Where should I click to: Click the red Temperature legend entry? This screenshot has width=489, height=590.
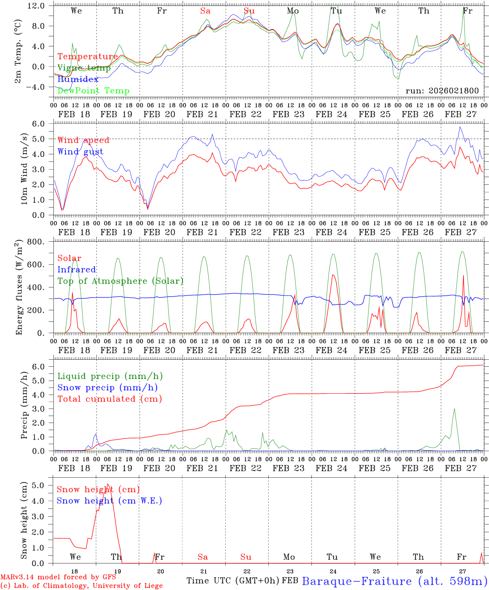(88, 57)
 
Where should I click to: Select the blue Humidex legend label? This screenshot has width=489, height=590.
(78, 79)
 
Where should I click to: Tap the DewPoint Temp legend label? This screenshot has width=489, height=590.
(93, 91)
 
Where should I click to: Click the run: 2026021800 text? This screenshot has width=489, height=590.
(442, 91)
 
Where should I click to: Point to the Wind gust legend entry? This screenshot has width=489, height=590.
(80, 152)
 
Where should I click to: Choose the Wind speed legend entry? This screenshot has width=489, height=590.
(84, 140)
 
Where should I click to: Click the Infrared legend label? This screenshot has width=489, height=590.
(77, 270)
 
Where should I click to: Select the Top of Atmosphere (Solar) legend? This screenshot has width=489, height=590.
(120, 281)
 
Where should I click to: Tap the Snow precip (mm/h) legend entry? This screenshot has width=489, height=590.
(107, 388)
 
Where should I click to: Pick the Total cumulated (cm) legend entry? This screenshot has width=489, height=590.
(110, 399)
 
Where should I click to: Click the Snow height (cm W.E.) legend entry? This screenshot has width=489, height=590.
(109, 501)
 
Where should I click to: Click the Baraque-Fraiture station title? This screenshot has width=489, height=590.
(395, 581)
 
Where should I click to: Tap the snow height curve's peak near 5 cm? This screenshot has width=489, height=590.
(108, 485)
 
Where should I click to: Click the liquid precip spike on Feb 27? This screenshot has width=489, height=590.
(454, 409)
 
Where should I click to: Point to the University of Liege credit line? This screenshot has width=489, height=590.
(82, 586)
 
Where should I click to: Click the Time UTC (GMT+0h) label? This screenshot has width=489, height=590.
(233, 581)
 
